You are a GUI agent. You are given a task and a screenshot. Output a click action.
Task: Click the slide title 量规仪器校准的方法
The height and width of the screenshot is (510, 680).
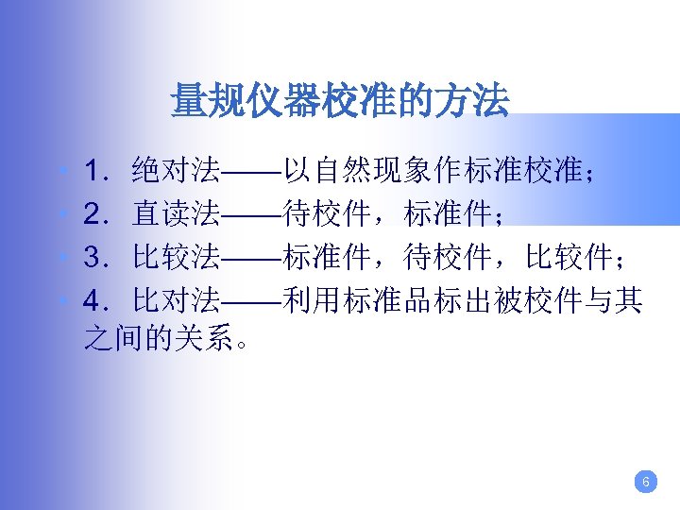coord(339,100)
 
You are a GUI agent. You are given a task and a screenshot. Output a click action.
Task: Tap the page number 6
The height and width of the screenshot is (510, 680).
coord(645,483)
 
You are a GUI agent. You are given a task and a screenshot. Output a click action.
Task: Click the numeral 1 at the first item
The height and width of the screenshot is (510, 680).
coord(93,171)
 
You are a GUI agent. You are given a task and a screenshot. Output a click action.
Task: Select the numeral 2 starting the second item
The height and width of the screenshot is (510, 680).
coord(93,214)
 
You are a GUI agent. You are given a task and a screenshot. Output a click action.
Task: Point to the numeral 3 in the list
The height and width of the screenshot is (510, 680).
coord(93,258)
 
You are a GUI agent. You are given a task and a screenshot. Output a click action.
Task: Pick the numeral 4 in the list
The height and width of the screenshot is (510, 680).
coord(93,301)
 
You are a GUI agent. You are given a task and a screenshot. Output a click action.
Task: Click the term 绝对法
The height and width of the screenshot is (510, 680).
coord(177,171)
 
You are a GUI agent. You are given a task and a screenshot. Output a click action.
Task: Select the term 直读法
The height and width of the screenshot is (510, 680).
coord(177,214)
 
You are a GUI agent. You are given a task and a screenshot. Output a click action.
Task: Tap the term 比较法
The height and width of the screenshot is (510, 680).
coord(177,258)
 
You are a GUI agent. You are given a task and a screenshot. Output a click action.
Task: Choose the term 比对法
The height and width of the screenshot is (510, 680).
coord(177,301)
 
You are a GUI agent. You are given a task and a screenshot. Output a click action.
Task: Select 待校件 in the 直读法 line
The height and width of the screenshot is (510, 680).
coord(327,214)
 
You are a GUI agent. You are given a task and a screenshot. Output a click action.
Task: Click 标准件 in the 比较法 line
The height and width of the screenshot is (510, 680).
coord(327,258)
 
